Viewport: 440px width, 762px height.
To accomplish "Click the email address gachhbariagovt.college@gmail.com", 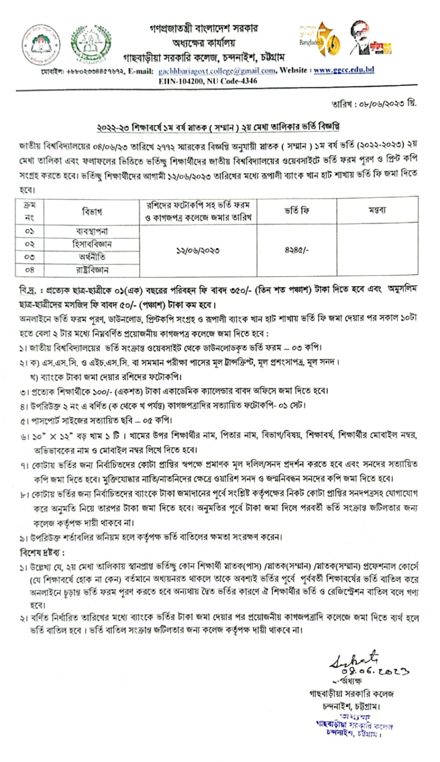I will point(217,71).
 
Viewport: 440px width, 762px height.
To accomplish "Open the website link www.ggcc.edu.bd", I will point(344,70).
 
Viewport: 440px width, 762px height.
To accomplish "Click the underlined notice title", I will point(218,127).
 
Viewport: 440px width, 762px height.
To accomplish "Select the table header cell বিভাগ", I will point(92,211).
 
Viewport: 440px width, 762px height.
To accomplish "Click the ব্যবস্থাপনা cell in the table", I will point(92,231).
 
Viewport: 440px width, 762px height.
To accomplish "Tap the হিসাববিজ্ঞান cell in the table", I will point(92,244).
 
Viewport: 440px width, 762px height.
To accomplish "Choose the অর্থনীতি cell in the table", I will point(92,257).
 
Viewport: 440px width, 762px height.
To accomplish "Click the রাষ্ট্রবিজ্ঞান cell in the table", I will point(92,270).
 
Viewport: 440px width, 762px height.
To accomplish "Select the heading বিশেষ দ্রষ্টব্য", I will point(42,553).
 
